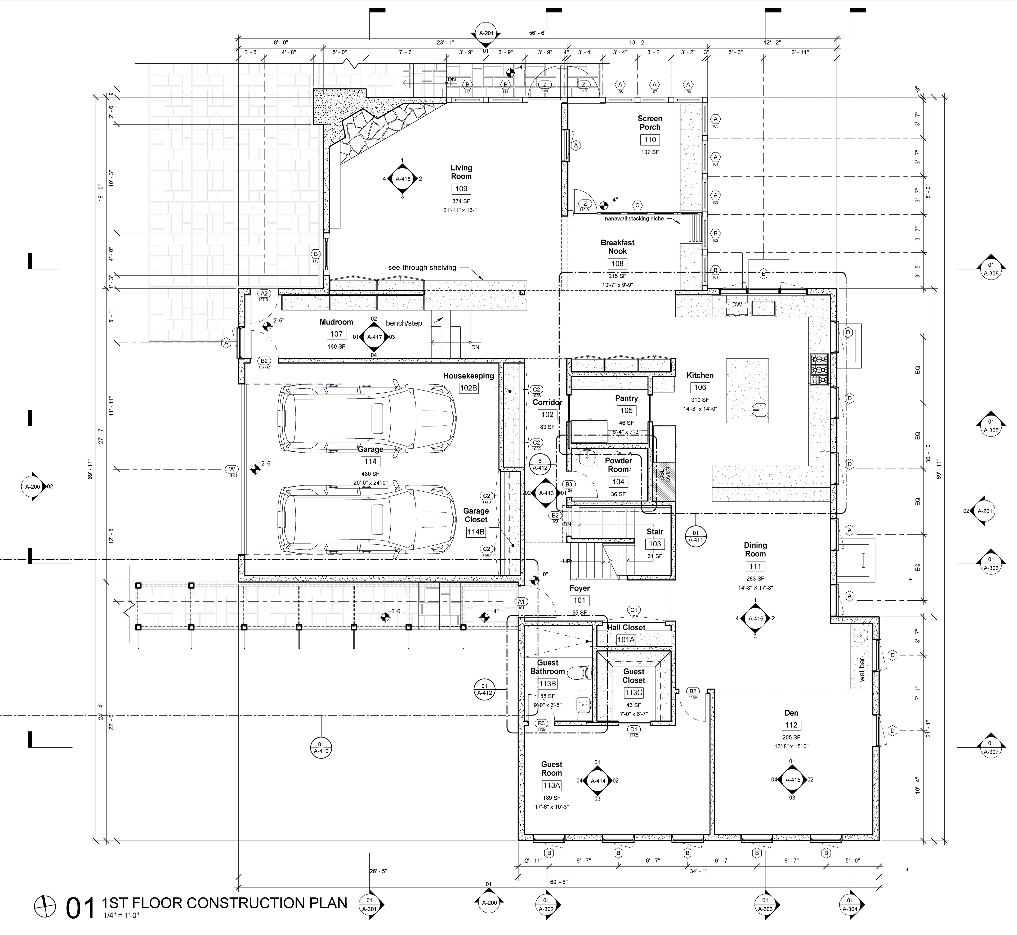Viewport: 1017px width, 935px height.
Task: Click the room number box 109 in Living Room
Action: (461, 189)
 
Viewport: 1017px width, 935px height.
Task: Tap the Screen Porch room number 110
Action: (650, 140)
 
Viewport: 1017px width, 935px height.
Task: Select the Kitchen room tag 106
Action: (700, 388)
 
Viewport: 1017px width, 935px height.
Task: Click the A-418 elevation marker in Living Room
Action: (403, 179)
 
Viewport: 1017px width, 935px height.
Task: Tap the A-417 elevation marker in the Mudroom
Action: (374, 337)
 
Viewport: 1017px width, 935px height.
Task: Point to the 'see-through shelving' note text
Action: (422, 268)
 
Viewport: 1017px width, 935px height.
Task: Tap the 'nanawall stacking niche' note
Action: (634, 219)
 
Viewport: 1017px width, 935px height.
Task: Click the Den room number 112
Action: (791, 725)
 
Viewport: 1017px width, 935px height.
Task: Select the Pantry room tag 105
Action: (626, 410)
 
